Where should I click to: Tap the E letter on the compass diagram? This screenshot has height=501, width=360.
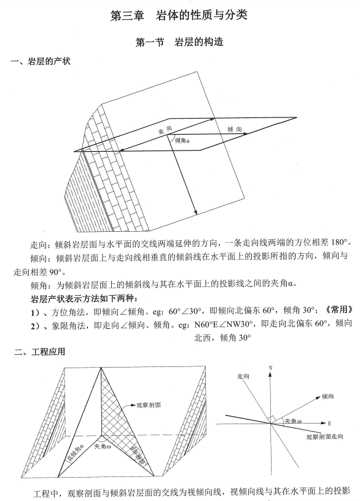tap(329, 424)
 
